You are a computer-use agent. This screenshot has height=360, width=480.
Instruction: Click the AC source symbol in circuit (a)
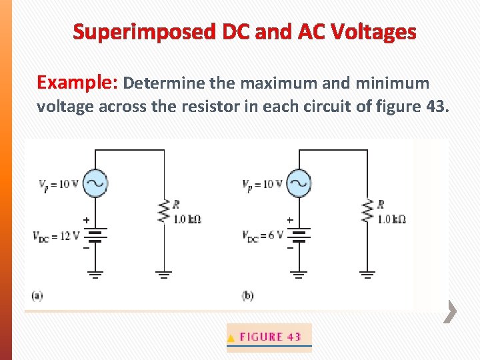pos(95,183)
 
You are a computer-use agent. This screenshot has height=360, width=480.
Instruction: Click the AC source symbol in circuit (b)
pos(299,183)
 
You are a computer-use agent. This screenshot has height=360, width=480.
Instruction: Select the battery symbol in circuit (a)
pos(95,235)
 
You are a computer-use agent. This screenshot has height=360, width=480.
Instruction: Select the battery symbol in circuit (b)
pos(299,235)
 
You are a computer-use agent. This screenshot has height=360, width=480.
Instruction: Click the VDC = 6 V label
pos(263,235)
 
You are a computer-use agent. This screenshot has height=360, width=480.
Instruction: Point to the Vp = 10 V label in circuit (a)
pos(59,185)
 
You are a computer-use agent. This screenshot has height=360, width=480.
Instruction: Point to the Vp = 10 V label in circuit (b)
pos(263,185)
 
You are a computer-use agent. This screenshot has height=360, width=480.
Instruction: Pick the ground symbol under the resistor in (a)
pos(164,274)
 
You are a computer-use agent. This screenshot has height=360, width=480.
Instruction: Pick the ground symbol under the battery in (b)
pos(299,274)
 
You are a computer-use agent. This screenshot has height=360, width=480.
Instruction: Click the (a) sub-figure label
pos(37,295)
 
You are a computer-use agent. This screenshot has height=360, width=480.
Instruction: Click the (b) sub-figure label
pos(247,295)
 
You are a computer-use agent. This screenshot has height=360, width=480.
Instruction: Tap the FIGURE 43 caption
pos(269,337)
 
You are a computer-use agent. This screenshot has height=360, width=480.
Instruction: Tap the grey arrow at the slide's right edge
pos(451,311)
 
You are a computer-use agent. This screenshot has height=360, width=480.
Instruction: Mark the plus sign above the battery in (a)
pos(86,220)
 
